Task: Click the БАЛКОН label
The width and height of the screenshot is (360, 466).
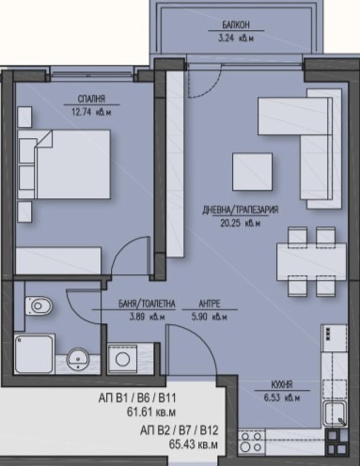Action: click(x=236, y=24)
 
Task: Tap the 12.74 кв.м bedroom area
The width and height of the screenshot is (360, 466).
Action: click(x=91, y=112)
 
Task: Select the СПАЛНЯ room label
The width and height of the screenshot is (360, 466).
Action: click(x=91, y=99)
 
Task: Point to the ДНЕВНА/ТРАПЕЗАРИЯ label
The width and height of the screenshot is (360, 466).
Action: click(x=241, y=210)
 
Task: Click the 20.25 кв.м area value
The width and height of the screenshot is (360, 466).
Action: click(x=241, y=224)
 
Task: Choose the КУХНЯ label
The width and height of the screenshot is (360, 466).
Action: click(x=282, y=384)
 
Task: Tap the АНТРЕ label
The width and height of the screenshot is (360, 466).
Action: click(x=210, y=303)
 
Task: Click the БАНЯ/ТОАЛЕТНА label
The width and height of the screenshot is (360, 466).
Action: click(x=147, y=303)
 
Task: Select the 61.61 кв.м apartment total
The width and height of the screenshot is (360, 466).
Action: click(x=151, y=412)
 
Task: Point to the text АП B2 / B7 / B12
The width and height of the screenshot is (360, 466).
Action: click(x=179, y=430)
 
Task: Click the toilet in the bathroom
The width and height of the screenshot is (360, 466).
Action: click(x=39, y=305)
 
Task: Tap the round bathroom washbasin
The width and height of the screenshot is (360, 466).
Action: click(x=78, y=359)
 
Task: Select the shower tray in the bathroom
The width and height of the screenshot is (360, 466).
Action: click(x=34, y=354)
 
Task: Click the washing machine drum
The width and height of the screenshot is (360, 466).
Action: click(x=122, y=359)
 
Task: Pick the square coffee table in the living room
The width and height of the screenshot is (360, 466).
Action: click(x=252, y=172)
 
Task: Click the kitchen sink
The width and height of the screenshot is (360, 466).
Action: click(x=335, y=413)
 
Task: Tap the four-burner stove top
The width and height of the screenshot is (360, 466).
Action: click(x=251, y=442)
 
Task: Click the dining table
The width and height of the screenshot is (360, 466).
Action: click(x=311, y=261)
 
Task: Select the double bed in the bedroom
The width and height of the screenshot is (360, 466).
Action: click(x=64, y=164)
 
